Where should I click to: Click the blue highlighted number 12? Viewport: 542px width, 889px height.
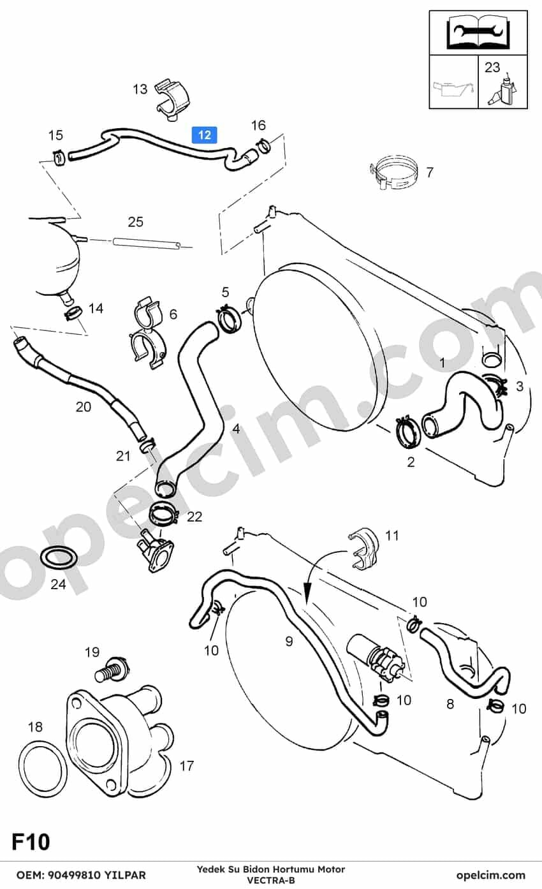click(204, 135)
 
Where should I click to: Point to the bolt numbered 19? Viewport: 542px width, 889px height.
click(112, 671)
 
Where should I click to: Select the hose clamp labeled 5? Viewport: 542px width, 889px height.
click(229, 319)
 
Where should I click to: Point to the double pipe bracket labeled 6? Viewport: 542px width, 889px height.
click(147, 333)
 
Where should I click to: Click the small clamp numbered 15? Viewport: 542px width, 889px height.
click(59, 158)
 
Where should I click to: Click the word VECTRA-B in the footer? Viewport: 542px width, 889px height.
click(271, 880)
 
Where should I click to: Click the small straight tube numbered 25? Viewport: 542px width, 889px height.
click(147, 243)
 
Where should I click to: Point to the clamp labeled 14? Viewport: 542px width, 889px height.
click(73, 314)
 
